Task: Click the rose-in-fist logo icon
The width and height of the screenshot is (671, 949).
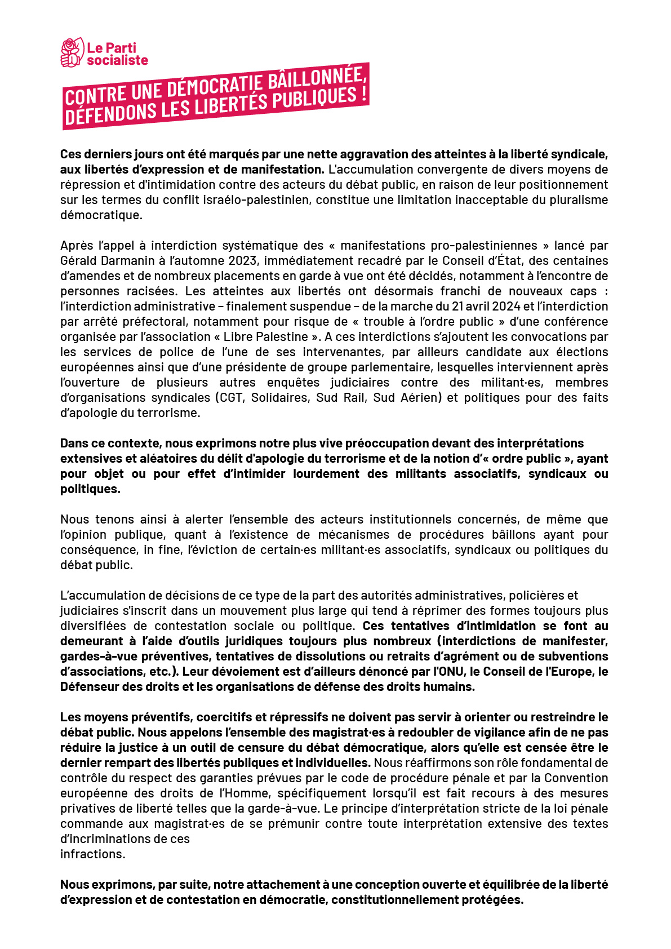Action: tap(72, 53)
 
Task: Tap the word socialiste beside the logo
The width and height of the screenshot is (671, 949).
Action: tap(117, 60)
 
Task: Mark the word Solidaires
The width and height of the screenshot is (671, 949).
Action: tap(280, 397)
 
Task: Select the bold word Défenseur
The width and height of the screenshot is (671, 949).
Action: tap(88, 686)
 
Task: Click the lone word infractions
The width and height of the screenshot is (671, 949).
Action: tap(92, 854)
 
